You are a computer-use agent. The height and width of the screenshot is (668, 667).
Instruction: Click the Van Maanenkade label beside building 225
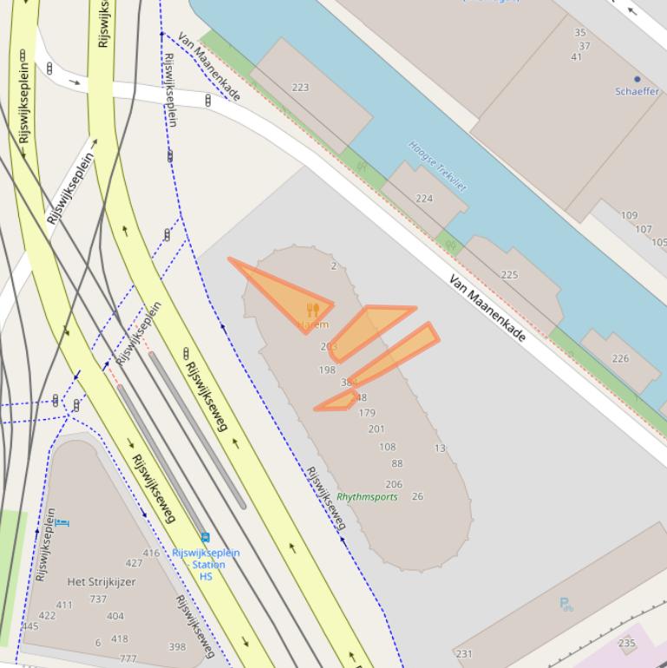488,309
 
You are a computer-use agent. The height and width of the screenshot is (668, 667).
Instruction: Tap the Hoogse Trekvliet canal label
437,166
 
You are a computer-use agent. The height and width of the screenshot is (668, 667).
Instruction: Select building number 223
300,87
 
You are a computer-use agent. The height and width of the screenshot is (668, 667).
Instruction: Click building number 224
423,199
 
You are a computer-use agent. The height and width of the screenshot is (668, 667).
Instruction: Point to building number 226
620,358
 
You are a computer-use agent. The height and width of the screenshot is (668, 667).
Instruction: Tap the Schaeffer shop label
637,91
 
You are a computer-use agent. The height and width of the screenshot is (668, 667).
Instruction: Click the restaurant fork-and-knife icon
313,310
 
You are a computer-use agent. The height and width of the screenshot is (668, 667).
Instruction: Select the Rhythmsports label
367,497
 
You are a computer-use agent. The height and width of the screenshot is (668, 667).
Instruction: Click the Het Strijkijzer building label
101,582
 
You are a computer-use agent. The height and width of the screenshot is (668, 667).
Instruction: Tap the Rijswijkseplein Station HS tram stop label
206,564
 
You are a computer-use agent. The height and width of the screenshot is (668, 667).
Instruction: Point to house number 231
464,654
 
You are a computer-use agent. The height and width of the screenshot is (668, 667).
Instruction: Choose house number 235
626,644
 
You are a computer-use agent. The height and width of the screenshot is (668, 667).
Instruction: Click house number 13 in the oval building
440,449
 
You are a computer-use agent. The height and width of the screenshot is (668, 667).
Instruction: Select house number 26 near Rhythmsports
417,496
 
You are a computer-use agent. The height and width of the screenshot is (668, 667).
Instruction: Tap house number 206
394,485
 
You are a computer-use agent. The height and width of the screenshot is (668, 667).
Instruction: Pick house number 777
128,659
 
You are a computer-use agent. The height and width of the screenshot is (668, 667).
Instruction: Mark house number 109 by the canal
629,215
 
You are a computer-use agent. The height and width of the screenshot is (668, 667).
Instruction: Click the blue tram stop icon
205,538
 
